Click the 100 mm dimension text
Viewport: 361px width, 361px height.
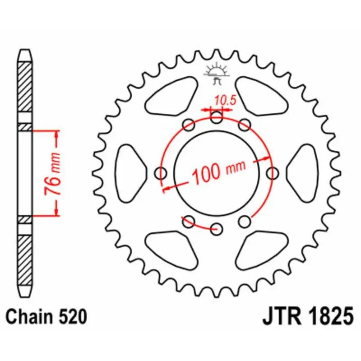pyautogui.click(x=219, y=171)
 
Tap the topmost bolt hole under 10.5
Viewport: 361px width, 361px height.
pyautogui.click(x=217, y=119)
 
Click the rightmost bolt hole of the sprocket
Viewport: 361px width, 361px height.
pyautogui.click(x=273, y=173)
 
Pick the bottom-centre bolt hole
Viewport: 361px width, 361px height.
pyautogui.click(x=217, y=228)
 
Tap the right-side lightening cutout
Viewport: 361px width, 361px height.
pyautogui.click(x=303, y=167)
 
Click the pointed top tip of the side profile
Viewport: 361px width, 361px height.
pyautogui.click(x=25, y=50)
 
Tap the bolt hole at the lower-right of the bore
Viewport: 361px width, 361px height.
pyautogui.click(x=245, y=221)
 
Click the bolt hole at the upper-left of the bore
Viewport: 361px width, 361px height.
pyautogui.click(x=189, y=125)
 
